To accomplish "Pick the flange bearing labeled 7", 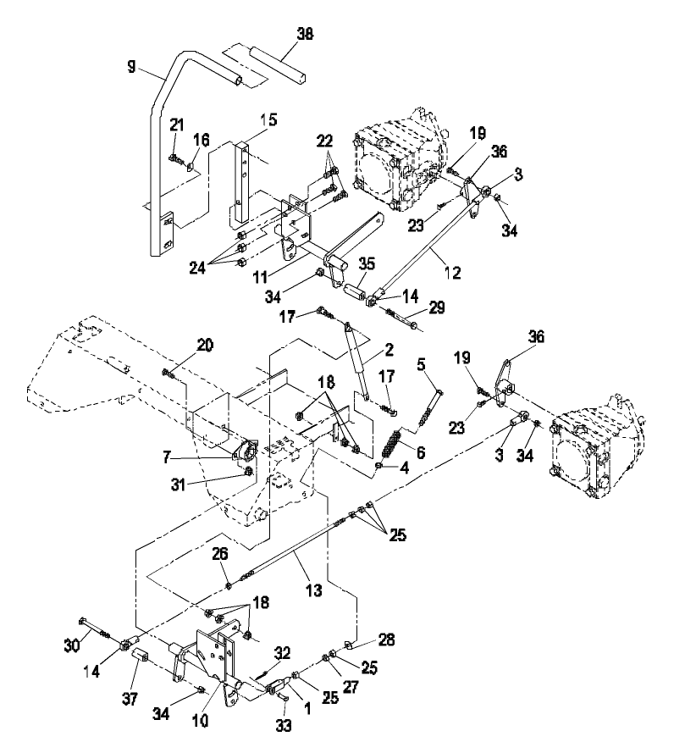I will coord(247,451).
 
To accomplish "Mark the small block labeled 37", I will coord(141,658).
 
